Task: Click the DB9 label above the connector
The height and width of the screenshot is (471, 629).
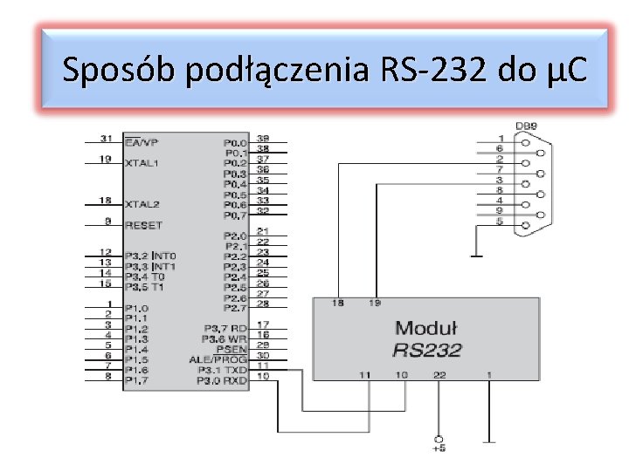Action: click(x=525, y=126)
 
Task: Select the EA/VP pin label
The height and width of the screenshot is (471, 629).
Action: click(x=142, y=142)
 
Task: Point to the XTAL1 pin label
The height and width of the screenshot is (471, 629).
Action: click(x=142, y=163)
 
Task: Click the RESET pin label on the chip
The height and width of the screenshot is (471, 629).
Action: click(x=143, y=225)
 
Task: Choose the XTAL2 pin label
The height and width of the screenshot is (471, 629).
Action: click(x=142, y=204)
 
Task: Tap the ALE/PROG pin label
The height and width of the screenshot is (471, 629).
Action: click(x=218, y=358)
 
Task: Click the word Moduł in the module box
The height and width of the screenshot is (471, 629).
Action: click(x=426, y=328)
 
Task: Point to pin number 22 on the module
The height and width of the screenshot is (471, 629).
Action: click(x=439, y=375)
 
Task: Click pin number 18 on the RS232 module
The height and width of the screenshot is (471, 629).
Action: click(x=337, y=304)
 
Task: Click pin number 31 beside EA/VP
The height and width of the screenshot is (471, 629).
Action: click(x=106, y=139)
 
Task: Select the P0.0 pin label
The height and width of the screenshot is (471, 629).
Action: click(x=235, y=142)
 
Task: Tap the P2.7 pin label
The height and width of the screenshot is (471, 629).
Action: click(x=235, y=308)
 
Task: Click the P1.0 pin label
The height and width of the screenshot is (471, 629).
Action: click(x=137, y=308)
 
